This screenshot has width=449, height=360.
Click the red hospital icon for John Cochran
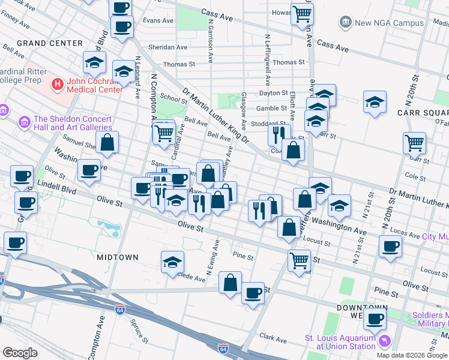pyautogui.click(x=58, y=85)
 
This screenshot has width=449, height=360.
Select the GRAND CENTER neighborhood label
pyautogui.click(x=50, y=43)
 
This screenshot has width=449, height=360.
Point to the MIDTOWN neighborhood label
pyautogui.click(x=118, y=257)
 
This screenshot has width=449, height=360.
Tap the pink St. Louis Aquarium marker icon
pyautogui.click(x=384, y=341)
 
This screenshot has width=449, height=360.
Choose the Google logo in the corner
pyautogui.click(x=20, y=353)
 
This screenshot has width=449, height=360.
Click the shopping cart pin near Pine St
pyautogui.click(x=298, y=260)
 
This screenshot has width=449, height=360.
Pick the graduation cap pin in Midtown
pyautogui.click(x=172, y=262)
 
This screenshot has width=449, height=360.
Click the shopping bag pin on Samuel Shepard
pyautogui.click(x=107, y=142)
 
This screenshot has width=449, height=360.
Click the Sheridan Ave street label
pyautogui.click(x=167, y=47)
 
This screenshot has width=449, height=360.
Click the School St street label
pyautogui.click(x=174, y=99)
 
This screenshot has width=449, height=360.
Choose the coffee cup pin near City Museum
pyautogui.click(x=390, y=246)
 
